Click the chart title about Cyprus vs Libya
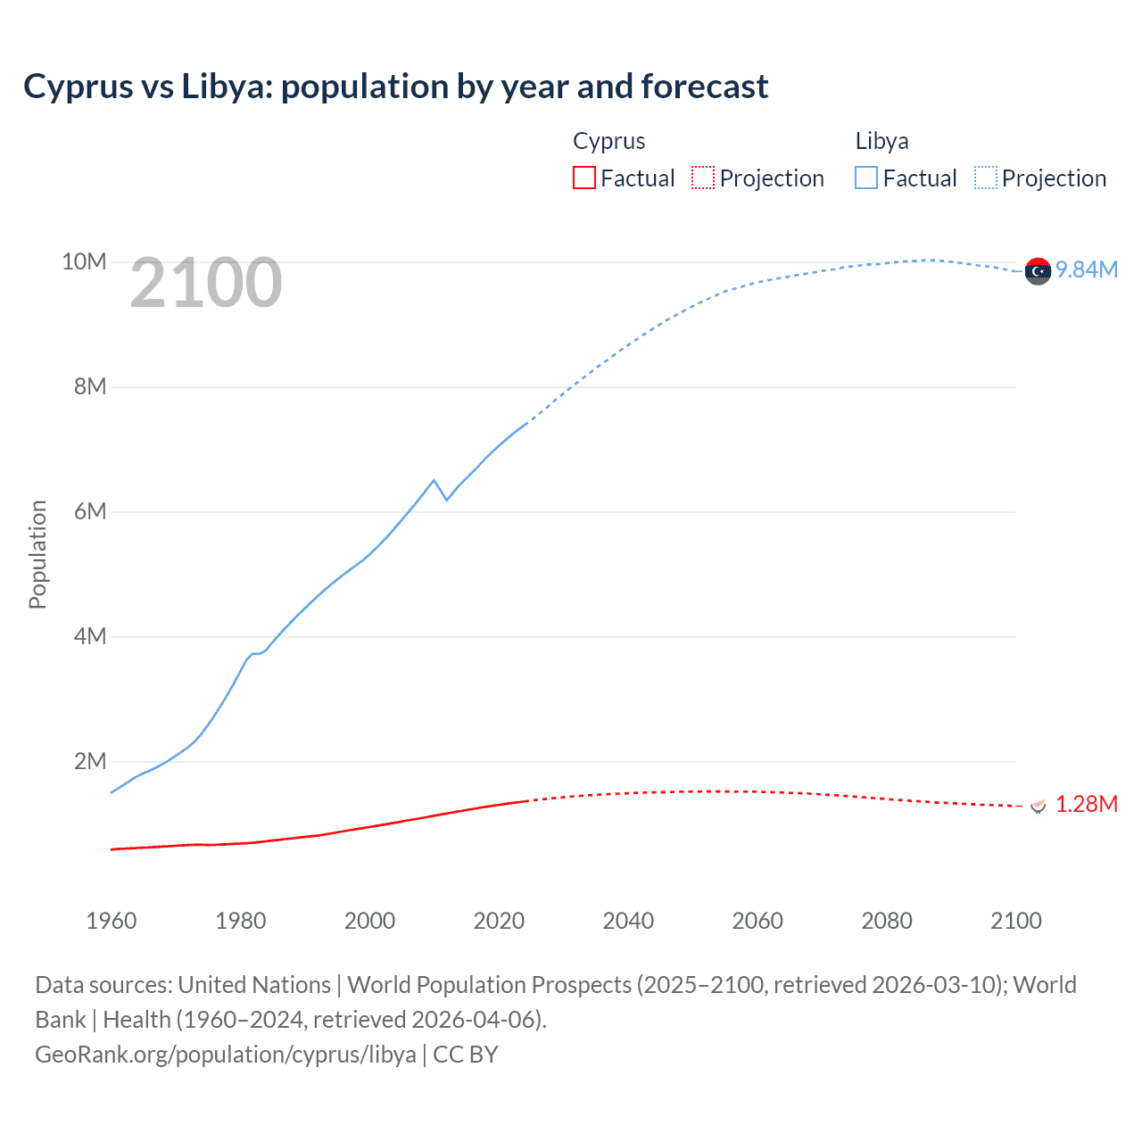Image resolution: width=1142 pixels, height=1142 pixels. coord(395,87)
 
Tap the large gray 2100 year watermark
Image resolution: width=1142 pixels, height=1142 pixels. coord(206,283)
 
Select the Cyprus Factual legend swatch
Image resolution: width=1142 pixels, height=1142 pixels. coord(583,178)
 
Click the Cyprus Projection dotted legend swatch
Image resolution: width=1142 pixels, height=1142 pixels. coord(703,178)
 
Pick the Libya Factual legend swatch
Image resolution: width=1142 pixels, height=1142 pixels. coord(865,178)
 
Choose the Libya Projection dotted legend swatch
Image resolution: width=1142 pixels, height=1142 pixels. coord(985,178)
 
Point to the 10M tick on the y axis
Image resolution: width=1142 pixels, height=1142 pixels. coord(84,261)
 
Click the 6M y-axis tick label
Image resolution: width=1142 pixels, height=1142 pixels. coord(89,511)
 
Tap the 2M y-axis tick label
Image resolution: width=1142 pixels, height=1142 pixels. coord(89,761)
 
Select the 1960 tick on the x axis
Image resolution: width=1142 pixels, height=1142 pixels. coord(112,921)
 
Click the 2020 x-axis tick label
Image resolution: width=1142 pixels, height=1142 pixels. coord(499,921)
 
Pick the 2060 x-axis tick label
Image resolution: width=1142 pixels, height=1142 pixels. coord(757,921)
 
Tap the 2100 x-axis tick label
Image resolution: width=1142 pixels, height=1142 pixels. coord(1015,921)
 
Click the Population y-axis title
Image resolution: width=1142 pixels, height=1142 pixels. coord(37,554)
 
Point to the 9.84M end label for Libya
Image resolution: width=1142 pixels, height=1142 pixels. coord(1086,269)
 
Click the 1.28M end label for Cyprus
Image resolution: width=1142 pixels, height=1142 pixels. coord(1086,804)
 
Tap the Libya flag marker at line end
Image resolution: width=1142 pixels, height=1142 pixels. coord(1038,271)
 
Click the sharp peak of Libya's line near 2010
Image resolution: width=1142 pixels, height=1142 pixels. coord(434,480)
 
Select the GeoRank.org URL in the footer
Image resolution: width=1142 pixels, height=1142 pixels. coord(226,1055)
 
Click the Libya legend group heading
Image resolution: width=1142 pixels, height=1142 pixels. coord(881,141)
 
